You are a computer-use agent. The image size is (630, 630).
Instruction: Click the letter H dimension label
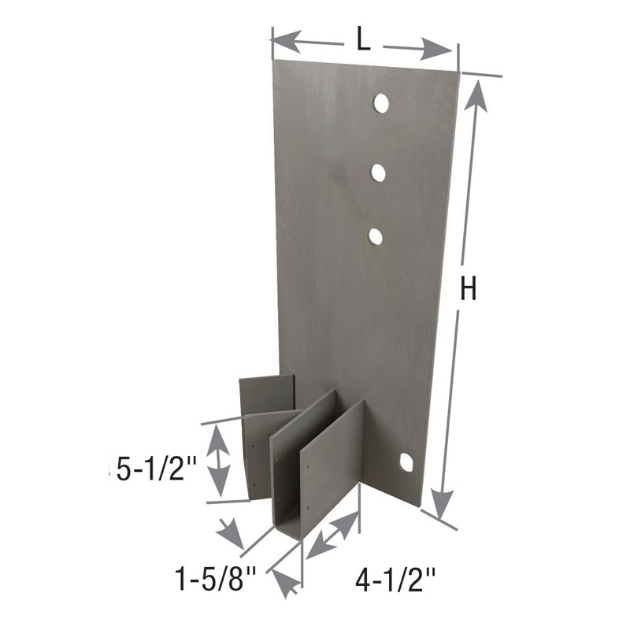click(x=468, y=291)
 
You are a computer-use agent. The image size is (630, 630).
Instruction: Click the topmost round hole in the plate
click(x=380, y=103)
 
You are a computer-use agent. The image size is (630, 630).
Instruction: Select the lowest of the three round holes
click(x=376, y=235)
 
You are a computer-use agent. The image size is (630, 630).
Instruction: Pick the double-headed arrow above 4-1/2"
click(x=331, y=535)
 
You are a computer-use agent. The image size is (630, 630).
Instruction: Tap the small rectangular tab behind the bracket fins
click(x=267, y=393)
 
